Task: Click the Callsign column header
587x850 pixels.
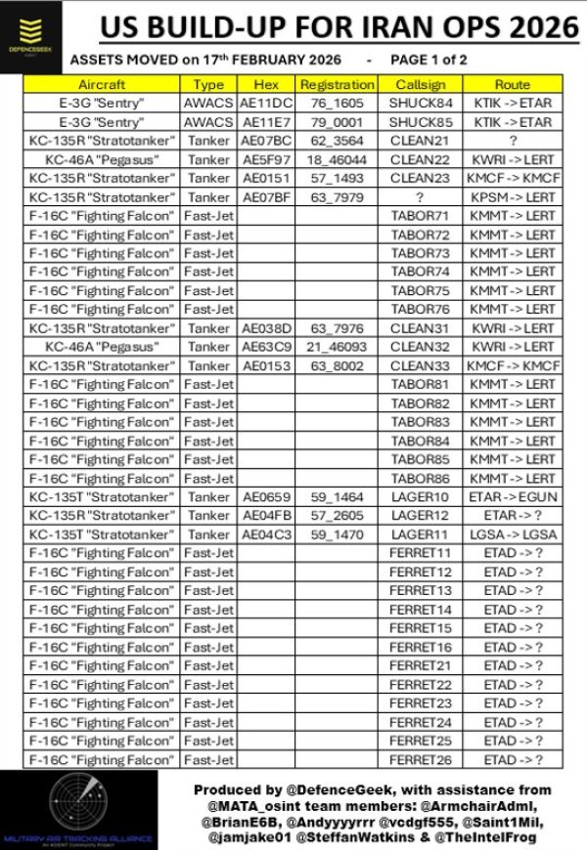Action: (419, 85)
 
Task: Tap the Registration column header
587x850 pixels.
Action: (337, 85)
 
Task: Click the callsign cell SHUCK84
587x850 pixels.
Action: (419, 104)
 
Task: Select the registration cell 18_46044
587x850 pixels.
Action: (337, 159)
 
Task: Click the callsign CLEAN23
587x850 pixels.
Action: (419, 178)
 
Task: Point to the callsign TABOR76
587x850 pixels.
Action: (419, 309)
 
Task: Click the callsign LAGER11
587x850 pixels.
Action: (419, 534)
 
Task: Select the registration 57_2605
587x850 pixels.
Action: (337, 516)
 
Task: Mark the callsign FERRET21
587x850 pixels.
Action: (419, 665)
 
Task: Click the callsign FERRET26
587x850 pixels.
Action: (419, 759)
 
